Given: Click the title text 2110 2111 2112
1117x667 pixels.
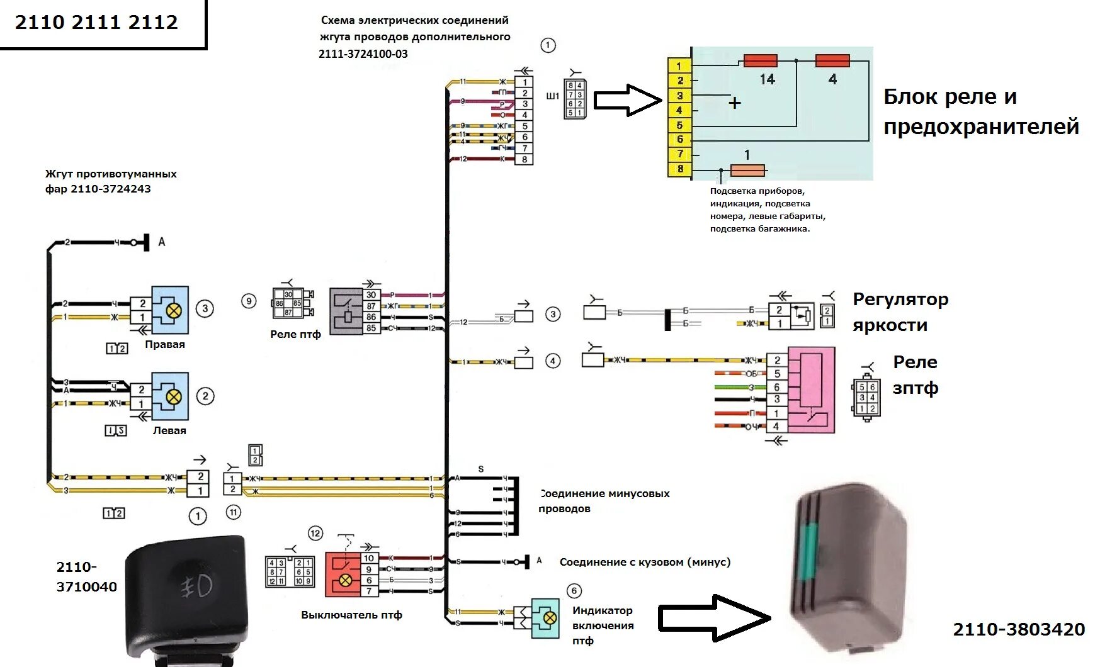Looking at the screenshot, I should pos(96,23).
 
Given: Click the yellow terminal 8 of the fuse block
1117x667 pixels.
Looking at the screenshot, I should pos(679,169).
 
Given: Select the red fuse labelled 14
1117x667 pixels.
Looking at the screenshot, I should pos(760,61).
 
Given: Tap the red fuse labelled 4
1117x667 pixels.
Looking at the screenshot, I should pos(832,61).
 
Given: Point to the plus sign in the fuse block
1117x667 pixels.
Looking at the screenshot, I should pos(734,103).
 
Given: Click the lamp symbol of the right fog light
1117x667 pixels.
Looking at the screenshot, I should pos(173,310).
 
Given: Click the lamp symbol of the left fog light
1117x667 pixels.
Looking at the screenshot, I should pos(174,397).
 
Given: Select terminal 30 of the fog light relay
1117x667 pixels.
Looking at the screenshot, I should pos(371,294).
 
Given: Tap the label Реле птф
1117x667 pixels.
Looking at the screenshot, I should pos(295,334).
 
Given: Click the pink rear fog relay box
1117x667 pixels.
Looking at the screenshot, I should pos(810,390).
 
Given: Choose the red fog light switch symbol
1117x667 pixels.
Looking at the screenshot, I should pos(342,575).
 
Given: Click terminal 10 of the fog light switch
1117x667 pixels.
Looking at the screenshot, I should pos(369,558).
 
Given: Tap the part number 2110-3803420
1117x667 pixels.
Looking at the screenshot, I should pos(1019,629).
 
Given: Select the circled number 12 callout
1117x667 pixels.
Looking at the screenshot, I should pos(315,534).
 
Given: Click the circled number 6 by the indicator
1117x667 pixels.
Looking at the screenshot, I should pos(574,591).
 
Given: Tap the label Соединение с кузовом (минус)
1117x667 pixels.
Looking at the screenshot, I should pos(645,562).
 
